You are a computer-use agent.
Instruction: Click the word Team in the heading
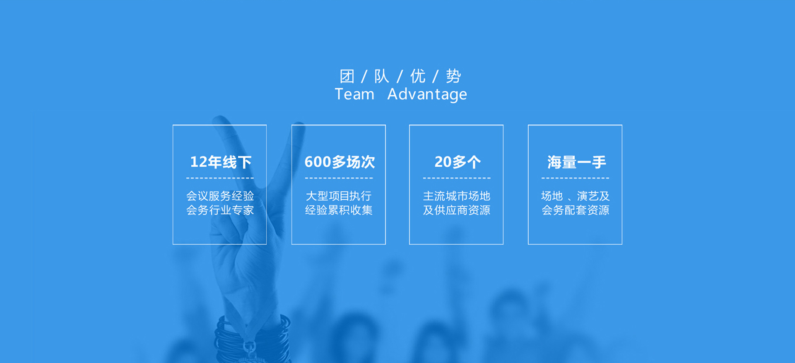pyautogui.click(x=354, y=94)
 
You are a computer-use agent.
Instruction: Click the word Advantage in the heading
pyautogui.click(x=427, y=95)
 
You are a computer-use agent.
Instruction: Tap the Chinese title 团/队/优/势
pyautogui.click(x=400, y=76)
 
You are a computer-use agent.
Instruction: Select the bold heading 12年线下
pyautogui.click(x=221, y=162)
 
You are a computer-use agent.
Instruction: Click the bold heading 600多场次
pyautogui.click(x=340, y=162)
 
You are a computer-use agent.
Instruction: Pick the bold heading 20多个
pyautogui.click(x=458, y=162)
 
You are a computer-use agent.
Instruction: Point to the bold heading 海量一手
pyautogui.click(x=576, y=162)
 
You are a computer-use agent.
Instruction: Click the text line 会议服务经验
pyautogui.click(x=220, y=196)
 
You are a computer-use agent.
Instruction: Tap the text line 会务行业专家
pyautogui.click(x=220, y=210)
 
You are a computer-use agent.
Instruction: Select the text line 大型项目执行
pyautogui.click(x=339, y=196)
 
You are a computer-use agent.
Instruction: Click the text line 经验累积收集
pyautogui.click(x=339, y=210)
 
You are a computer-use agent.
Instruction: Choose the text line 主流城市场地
pyautogui.click(x=456, y=196)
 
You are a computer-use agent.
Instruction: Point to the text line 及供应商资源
pyautogui.click(x=456, y=210)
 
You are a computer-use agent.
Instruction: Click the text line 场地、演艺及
pyautogui.click(x=575, y=196)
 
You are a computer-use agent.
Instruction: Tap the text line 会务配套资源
pyautogui.click(x=575, y=210)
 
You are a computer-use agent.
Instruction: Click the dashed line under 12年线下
pyautogui.click(x=220, y=178)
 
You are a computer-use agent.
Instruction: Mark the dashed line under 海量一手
pyautogui.click(x=575, y=178)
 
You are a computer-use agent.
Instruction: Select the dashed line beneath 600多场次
pyautogui.click(x=339, y=178)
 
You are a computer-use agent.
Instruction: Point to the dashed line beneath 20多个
pyautogui.click(x=457, y=178)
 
